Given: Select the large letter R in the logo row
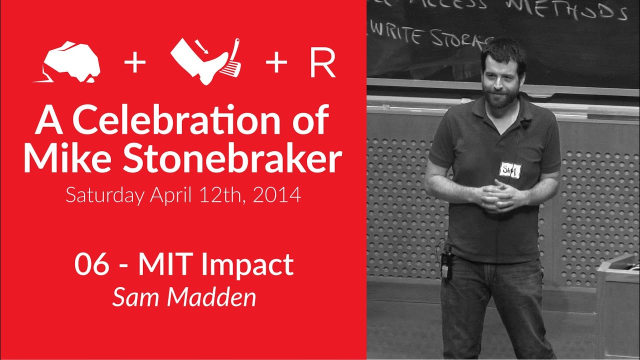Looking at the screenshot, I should click(322, 64).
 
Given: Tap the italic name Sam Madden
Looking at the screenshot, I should click(184, 297).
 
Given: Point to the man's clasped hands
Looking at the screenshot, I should click(495, 194).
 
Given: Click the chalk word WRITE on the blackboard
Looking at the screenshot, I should click(400, 36).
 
